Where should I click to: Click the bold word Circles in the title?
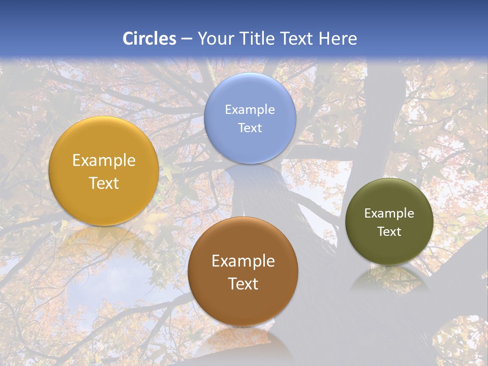[149, 39]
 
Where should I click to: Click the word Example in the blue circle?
[250, 110]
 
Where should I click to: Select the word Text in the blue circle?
[250, 128]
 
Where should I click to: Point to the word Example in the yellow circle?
[104, 161]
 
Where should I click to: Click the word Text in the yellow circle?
[104, 184]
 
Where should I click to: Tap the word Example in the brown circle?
[243, 261]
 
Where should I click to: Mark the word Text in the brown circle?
[243, 284]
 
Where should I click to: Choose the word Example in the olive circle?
[389, 213]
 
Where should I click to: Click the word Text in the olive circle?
[389, 232]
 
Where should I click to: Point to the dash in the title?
[187, 39]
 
